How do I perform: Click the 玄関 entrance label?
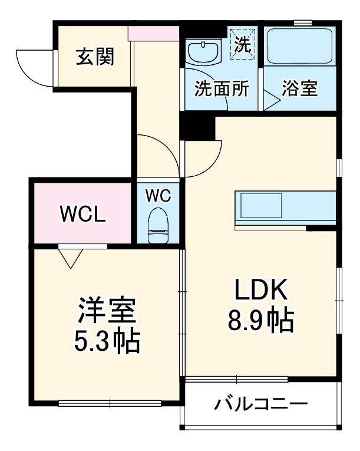click(x=94, y=57)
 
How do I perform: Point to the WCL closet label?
click(x=83, y=214)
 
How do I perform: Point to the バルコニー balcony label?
click(x=260, y=405)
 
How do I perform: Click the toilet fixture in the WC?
click(x=157, y=226)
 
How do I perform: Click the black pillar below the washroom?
click(x=197, y=125)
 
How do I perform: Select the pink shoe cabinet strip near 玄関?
click(x=153, y=34)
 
